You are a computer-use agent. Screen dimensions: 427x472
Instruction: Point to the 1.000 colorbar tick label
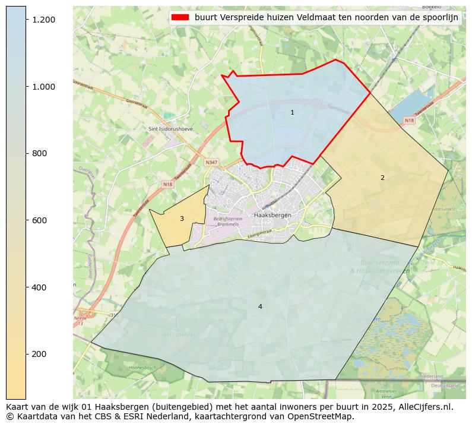click(43, 87)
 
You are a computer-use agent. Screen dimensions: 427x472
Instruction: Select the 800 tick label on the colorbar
click(39, 153)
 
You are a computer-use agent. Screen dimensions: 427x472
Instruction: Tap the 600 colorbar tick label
click(39, 220)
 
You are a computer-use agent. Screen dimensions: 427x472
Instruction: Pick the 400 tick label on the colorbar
click(39, 287)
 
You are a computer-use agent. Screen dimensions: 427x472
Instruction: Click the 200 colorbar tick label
click(39, 354)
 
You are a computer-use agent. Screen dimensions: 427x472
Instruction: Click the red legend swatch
click(180, 17)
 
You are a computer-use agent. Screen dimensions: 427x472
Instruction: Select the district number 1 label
click(292, 112)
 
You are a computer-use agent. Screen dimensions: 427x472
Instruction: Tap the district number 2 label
click(382, 178)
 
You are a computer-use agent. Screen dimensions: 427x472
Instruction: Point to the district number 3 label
click(182, 219)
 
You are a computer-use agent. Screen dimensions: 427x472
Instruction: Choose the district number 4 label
click(260, 306)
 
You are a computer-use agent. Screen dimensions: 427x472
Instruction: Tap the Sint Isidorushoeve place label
click(171, 129)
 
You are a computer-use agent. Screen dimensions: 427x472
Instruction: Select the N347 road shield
click(211, 162)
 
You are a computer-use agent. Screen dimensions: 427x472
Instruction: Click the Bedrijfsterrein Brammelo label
click(228, 222)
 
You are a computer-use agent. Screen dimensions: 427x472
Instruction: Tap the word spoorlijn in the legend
click(439, 17)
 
